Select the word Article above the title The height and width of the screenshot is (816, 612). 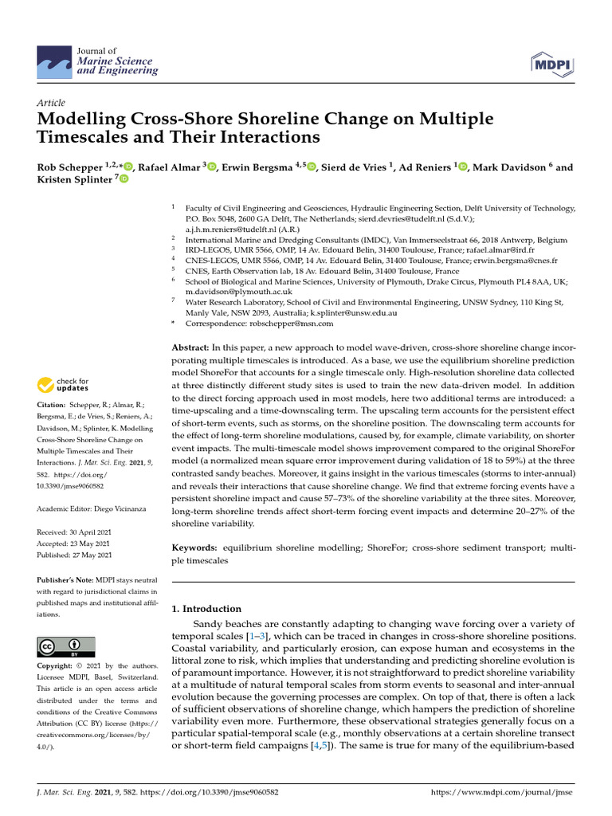[51, 103]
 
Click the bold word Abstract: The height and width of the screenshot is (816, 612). [191, 349]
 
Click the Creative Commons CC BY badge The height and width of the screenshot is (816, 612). [65, 646]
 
